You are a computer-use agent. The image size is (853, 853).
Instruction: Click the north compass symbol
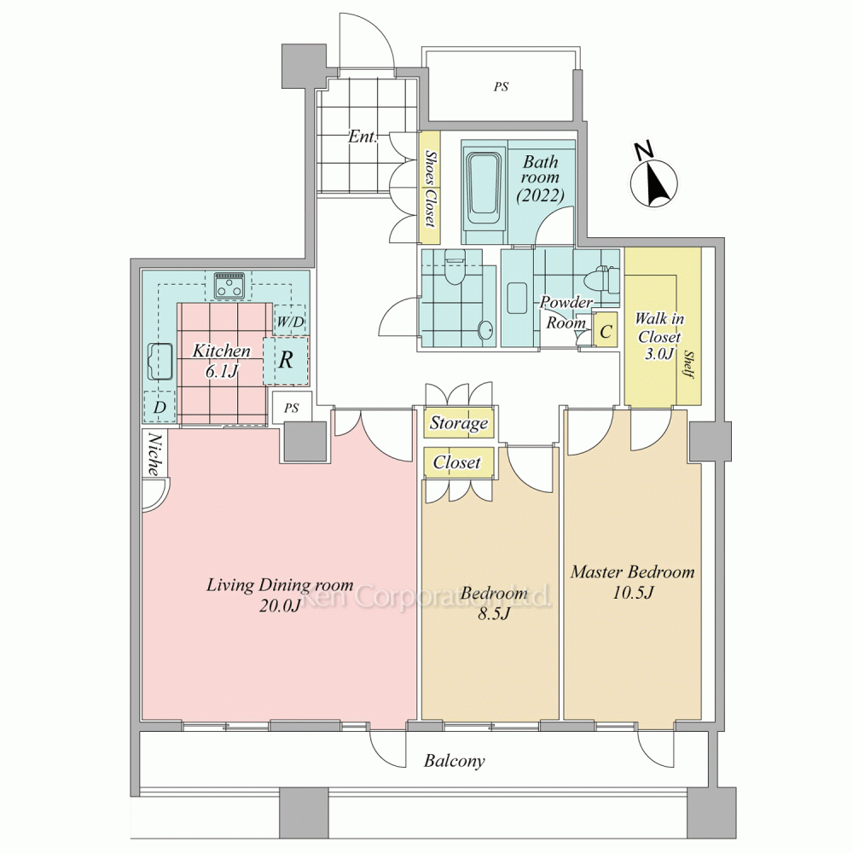(x=653, y=178)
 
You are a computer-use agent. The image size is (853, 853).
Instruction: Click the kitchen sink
(x=160, y=361)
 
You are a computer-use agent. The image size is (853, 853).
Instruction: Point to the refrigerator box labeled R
(x=286, y=360)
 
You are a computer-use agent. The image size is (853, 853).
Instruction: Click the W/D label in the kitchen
(x=290, y=322)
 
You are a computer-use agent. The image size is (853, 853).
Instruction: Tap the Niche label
(x=155, y=455)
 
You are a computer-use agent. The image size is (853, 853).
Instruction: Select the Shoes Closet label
(x=430, y=188)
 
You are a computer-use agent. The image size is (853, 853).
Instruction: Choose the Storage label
(x=459, y=423)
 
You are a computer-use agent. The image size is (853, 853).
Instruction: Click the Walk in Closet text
(x=660, y=336)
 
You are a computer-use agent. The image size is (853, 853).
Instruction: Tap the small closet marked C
(x=606, y=330)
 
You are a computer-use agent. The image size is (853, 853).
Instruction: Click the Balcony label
(x=455, y=760)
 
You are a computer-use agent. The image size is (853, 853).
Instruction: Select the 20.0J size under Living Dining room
(x=280, y=605)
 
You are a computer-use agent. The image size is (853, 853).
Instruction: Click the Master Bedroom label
(x=633, y=572)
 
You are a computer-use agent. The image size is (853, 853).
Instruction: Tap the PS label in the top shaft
(x=501, y=86)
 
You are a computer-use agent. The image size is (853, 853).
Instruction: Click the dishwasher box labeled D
(x=160, y=407)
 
